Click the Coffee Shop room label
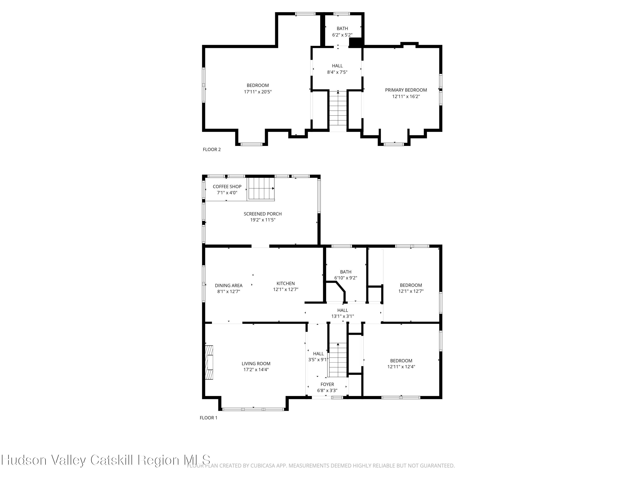(x=227, y=187)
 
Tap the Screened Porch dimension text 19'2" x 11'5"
(x=263, y=220)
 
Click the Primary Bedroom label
(x=406, y=90)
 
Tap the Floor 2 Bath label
(x=342, y=28)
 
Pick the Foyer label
(x=327, y=384)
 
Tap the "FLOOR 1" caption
(x=208, y=418)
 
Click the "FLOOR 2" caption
(x=212, y=150)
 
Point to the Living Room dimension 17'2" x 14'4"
(x=256, y=370)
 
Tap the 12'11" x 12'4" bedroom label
(x=401, y=367)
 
